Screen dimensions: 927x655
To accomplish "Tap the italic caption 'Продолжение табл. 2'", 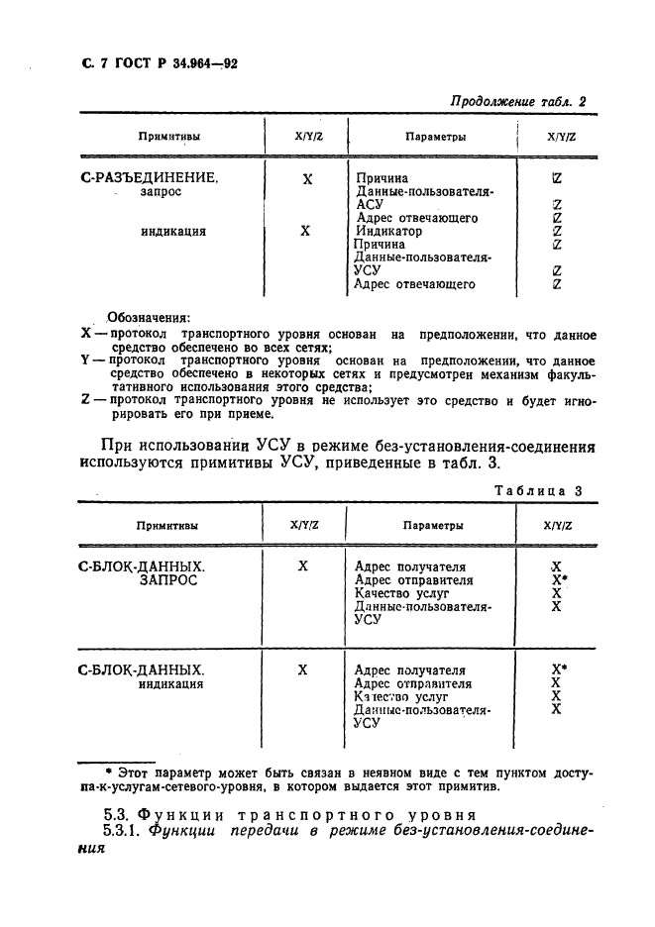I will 518,101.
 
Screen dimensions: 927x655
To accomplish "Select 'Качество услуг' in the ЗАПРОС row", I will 399,593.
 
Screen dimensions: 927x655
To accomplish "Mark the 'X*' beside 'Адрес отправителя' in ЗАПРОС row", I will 559,579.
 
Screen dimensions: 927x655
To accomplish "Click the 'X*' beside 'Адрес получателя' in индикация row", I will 559,669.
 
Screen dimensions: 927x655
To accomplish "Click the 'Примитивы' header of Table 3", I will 166,526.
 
